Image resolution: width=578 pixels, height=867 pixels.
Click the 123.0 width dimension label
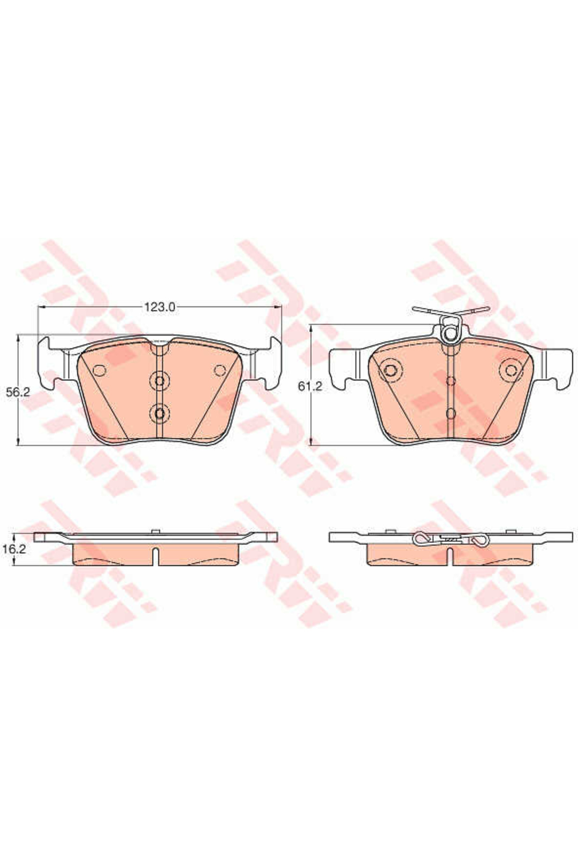click(158, 306)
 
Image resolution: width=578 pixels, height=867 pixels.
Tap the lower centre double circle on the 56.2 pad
click(159, 413)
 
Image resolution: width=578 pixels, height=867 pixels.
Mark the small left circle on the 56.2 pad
click(99, 370)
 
